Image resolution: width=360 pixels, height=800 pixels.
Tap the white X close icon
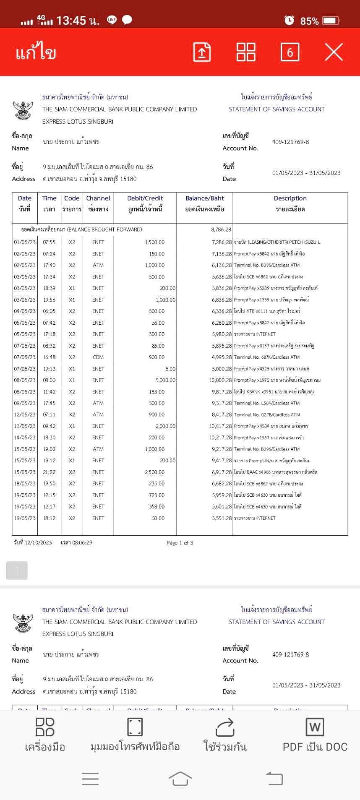click(334, 52)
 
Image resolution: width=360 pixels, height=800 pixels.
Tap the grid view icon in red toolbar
click(246, 52)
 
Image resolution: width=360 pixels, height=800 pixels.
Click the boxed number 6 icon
click(290, 52)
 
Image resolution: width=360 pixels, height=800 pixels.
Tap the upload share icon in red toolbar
click(202, 52)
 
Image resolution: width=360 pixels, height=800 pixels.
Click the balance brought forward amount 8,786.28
click(221, 229)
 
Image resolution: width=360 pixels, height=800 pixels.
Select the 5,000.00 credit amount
click(165, 380)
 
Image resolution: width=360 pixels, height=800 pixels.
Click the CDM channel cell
click(98, 357)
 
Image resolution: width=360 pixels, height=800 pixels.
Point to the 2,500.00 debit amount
click(155, 472)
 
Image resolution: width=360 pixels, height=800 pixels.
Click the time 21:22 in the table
click(49, 472)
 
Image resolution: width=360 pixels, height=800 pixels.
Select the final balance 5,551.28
click(222, 518)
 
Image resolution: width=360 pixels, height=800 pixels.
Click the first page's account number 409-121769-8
click(290, 142)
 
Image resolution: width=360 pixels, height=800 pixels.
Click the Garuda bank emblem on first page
click(23, 110)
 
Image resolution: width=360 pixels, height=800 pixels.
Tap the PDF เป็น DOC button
click(315, 735)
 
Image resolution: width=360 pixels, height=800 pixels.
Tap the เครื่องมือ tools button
click(45, 735)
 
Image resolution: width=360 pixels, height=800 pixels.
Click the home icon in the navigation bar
click(180, 779)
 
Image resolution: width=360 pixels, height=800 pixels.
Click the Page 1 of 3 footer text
click(180, 543)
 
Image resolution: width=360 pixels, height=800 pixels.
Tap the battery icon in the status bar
click(331, 21)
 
